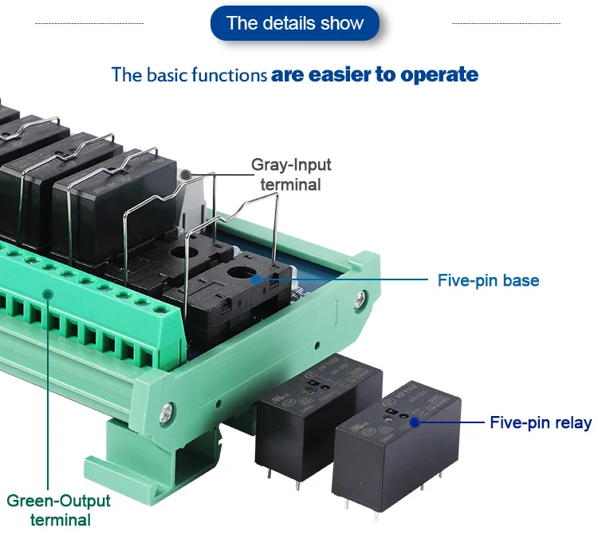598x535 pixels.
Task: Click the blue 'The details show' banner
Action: click(x=294, y=23)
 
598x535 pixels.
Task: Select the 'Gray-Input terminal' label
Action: click(x=291, y=174)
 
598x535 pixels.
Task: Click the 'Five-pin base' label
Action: click(x=488, y=280)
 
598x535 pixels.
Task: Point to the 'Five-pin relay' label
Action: click(x=540, y=422)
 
